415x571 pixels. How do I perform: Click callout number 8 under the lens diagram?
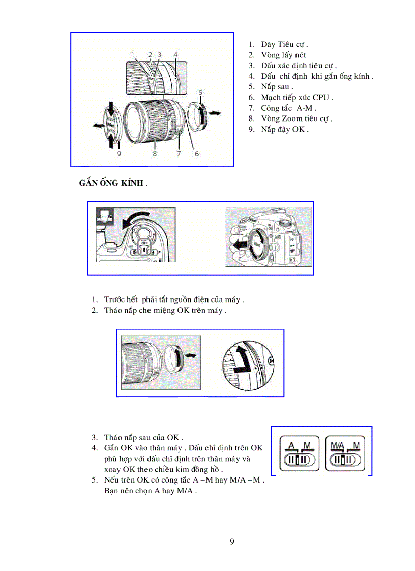point(154,153)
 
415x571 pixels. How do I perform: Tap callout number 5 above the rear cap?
point(201,93)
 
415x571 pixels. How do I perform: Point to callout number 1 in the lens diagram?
point(132,54)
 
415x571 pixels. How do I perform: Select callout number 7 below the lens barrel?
point(179,153)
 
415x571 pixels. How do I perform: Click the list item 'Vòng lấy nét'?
point(283,55)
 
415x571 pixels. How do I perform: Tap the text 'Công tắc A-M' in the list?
point(288,108)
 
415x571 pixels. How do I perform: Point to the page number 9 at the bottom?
point(232,541)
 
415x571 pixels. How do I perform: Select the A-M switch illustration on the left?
point(299,454)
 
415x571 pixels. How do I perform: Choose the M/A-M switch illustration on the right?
point(345,454)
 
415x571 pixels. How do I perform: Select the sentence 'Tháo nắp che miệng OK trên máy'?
point(165,310)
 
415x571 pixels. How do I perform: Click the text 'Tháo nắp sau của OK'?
point(143,437)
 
